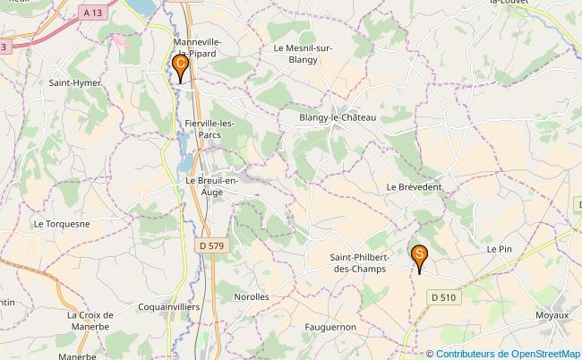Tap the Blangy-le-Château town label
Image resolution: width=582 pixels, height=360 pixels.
click(x=338, y=117)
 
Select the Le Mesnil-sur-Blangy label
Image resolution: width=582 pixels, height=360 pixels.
click(x=304, y=55)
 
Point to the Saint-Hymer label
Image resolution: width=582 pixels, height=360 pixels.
click(x=74, y=82)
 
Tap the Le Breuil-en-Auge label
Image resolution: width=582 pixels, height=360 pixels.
click(x=212, y=185)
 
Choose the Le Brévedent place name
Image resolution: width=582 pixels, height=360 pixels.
click(x=415, y=186)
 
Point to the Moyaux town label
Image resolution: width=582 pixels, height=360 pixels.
click(x=552, y=315)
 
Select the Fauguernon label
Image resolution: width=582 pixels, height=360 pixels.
click(x=330, y=327)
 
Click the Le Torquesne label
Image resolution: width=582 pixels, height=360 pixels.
click(x=61, y=223)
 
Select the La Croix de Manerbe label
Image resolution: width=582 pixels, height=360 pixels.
click(x=89, y=321)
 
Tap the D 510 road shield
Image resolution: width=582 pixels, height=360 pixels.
click(x=442, y=297)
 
